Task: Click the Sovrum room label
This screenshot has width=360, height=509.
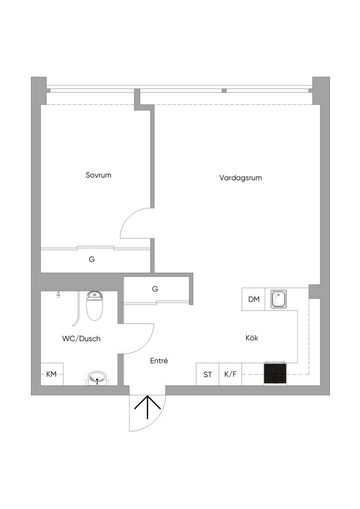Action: [x=98, y=175]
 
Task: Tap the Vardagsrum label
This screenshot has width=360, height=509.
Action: [x=240, y=177]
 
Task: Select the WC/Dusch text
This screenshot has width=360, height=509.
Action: [x=81, y=339]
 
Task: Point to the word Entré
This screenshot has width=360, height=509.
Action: [x=159, y=361]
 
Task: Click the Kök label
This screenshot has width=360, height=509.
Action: [x=252, y=338]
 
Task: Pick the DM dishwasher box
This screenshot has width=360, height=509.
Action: [x=254, y=299]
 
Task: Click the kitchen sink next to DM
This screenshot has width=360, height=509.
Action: [x=278, y=300]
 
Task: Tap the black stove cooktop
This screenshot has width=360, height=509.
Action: [x=275, y=374]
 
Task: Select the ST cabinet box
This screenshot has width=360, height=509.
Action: [x=207, y=374]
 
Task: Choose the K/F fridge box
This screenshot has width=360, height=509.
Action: [x=230, y=374]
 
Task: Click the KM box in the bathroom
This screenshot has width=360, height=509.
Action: [x=52, y=374]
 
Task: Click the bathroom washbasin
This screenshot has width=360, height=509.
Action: [x=97, y=378]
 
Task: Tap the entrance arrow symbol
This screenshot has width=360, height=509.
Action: [x=147, y=408]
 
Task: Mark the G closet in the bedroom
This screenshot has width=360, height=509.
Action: [x=92, y=259]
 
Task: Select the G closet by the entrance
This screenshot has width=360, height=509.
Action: [x=156, y=289]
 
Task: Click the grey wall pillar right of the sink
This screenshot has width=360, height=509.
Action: [x=314, y=291]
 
